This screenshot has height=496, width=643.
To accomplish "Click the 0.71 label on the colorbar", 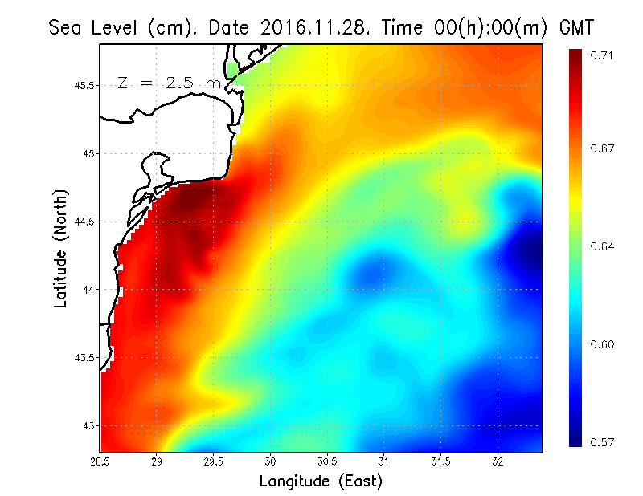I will (604, 55).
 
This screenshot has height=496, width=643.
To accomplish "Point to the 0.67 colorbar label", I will (604, 148).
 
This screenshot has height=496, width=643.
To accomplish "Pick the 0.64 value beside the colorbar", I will (604, 246).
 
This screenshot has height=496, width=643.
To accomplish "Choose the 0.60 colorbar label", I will (604, 345).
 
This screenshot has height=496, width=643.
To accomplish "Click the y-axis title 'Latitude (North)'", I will (61, 249).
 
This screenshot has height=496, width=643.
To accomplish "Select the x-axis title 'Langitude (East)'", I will (321, 482).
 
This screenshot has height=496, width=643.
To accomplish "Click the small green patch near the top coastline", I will (232, 71).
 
